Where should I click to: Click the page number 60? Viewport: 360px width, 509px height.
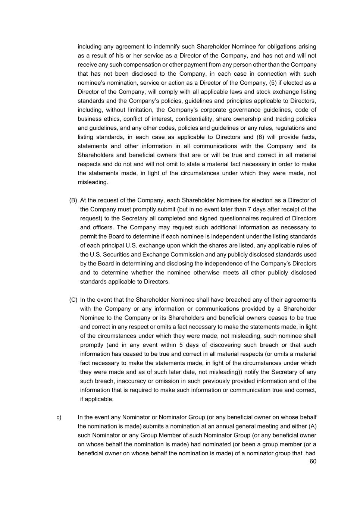tap(313, 462)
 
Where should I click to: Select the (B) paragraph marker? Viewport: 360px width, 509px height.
tap(73, 200)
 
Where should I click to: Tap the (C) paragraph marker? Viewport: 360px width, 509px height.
tap(73, 300)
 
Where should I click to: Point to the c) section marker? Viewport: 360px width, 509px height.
tap(59, 417)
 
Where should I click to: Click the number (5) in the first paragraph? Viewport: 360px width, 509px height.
tap(273, 83)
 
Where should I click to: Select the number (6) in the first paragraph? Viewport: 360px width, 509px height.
tap(258, 137)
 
